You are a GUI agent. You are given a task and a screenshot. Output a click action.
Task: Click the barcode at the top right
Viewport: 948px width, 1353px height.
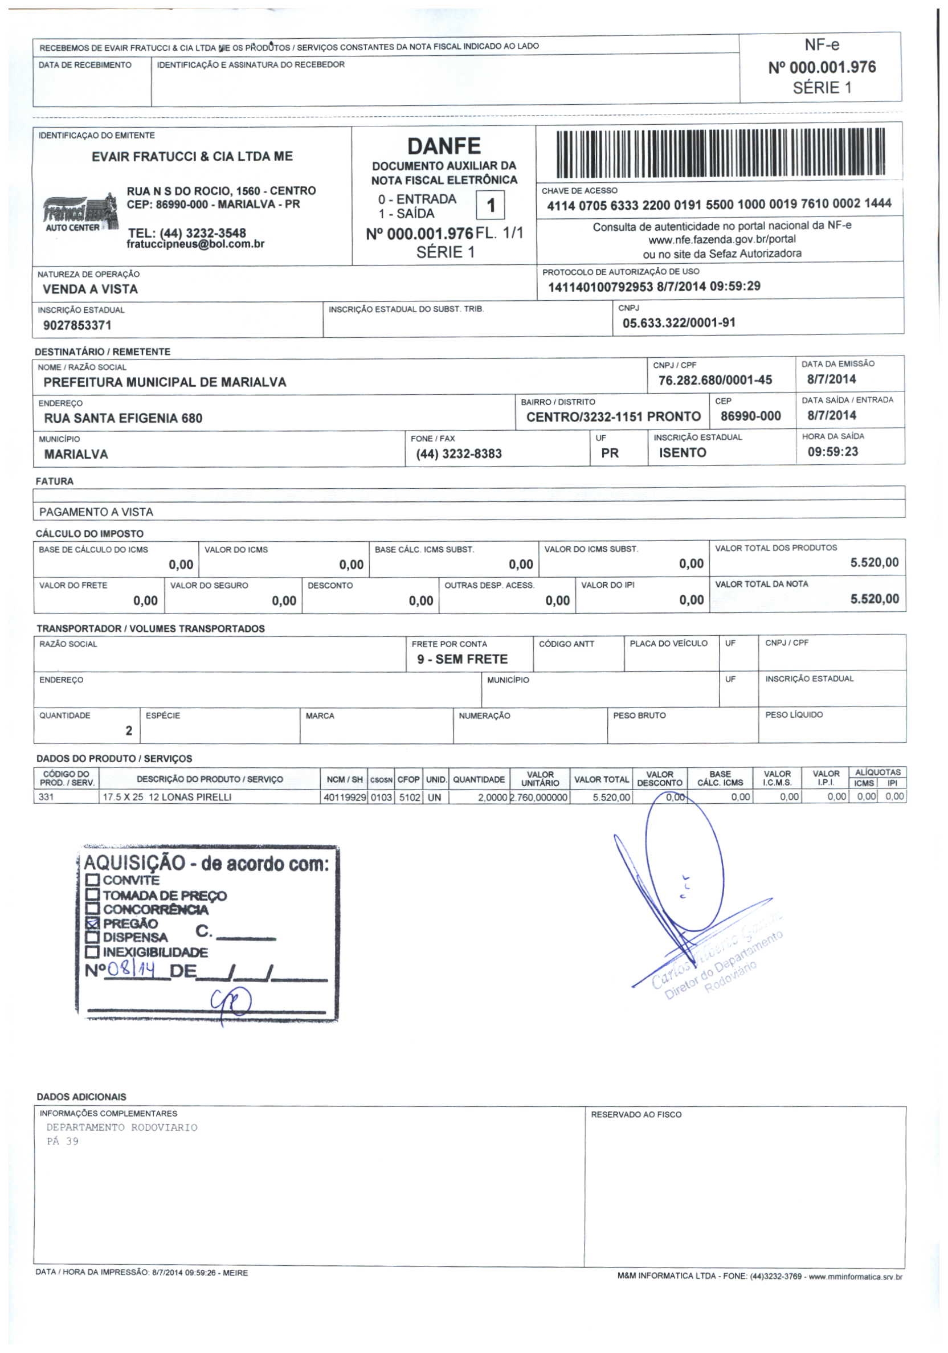click(x=720, y=153)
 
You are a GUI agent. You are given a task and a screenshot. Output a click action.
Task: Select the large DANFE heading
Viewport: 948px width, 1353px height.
click(x=444, y=145)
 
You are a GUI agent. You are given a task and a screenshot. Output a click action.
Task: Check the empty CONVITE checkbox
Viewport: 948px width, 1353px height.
click(x=92, y=880)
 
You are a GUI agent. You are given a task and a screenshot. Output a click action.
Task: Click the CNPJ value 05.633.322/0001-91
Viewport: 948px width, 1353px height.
click(x=679, y=323)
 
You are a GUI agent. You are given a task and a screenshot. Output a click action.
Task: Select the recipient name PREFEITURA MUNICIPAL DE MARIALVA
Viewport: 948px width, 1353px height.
click(x=165, y=382)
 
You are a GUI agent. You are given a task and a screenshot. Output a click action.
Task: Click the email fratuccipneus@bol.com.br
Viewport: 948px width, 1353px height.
click(x=195, y=244)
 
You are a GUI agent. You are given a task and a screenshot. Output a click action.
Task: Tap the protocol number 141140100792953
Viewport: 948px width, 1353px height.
click(x=600, y=287)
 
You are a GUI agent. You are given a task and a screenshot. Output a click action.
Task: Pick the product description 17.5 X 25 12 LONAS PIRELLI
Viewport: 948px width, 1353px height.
click(x=167, y=798)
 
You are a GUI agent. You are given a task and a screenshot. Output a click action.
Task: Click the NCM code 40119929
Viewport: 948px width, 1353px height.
click(x=345, y=798)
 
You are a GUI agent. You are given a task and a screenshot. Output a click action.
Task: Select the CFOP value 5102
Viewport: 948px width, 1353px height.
click(x=410, y=798)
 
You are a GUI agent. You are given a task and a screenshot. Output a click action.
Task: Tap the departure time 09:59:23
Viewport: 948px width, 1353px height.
click(x=832, y=452)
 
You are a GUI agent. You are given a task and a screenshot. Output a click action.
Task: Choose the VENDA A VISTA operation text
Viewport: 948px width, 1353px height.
click(x=90, y=289)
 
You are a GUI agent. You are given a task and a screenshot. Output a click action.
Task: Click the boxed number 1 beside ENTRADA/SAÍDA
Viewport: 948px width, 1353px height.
click(x=490, y=206)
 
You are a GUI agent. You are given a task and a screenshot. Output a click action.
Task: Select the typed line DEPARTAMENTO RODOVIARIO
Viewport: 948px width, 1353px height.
click(x=121, y=1127)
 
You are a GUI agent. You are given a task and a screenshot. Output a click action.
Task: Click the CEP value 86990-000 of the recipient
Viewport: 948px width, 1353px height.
click(x=750, y=416)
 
